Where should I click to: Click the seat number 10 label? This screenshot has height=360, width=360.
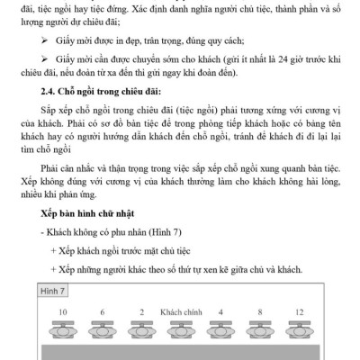pos(62,311)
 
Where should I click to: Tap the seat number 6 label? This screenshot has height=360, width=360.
pos(102,311)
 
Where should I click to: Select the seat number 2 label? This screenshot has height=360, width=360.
pos(141,311)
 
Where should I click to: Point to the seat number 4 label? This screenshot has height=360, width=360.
pos(221,311)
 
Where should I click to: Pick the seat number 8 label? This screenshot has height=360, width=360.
pos(261,311)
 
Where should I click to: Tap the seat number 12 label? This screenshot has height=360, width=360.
pos(300,311)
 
